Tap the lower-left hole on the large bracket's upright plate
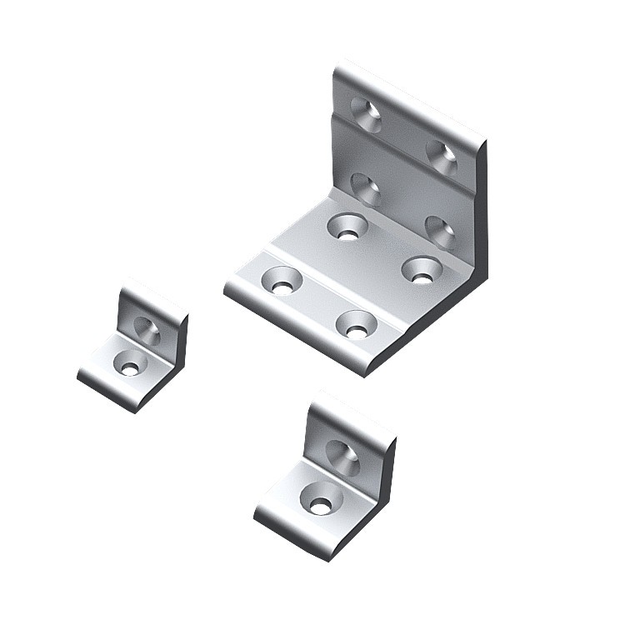coord(364,187)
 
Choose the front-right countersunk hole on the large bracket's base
coord(357,324)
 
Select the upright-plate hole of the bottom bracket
coord(342,455)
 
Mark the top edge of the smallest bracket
coord(155,296)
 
